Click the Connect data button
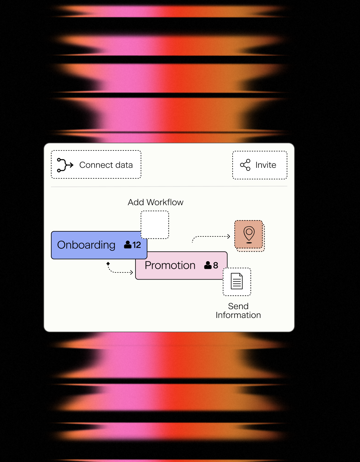tap(96, 164)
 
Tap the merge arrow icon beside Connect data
tap(65, 165)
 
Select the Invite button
tap(260, 165)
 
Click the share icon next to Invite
tap(245, 165)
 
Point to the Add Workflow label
tap(156, 202)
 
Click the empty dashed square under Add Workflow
tap(155, 225)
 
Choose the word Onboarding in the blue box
tap(86, 245)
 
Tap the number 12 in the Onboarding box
tap(137, 245)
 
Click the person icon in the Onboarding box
tap(128, 245)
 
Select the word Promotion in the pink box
tap(170, 265)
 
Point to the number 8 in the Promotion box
tap(215, 265)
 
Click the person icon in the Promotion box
tap(208, 265)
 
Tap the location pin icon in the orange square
tap(249, 235)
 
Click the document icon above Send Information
tap(237, 281)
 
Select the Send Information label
tap(238, 310)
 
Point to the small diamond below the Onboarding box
tap(108, 264)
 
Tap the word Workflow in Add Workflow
tap(165, 202)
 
